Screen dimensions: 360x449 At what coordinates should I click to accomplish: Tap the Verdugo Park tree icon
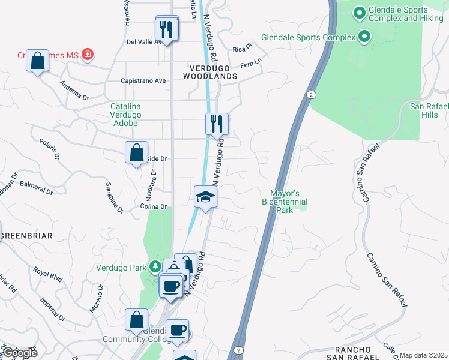[x=155, y=266]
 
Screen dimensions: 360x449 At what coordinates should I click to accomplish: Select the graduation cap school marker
[x=205, y=197]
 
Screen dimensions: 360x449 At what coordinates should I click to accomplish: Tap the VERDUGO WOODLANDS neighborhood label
[x=210, y=72]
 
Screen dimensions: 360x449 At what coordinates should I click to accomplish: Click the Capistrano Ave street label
[x=143, y=80]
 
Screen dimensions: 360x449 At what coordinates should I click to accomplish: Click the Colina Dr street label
[x=153, y=207]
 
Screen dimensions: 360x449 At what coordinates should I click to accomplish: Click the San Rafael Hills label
[x=429, y=110]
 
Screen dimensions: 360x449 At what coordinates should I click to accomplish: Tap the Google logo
[x=20, y=352]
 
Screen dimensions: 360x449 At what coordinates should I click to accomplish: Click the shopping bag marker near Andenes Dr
[x=37, y=61]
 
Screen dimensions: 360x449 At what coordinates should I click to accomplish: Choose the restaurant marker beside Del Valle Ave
[x=166, y=30]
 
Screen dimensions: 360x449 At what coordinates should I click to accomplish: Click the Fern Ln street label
[x=251, y=62]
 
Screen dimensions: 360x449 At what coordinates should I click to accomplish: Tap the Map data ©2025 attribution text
[x=423, y=355]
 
